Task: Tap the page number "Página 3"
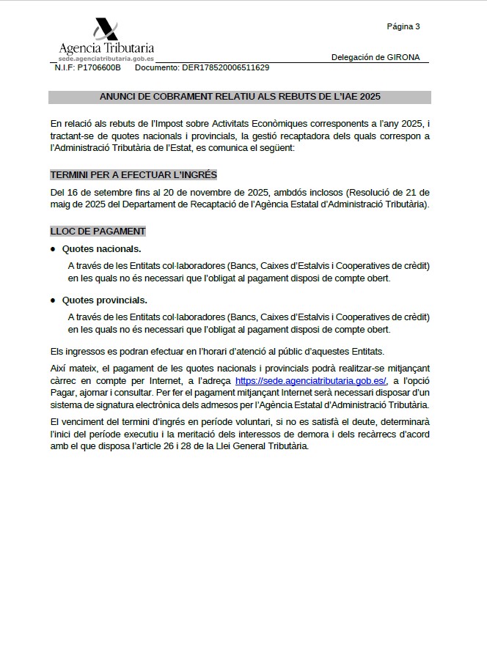point(403,26)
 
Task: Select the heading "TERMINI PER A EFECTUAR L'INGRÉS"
point(133,175)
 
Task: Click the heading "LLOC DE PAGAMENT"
point(98,232)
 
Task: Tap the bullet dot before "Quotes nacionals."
point(53,249)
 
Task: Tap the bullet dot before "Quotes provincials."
point(53,300)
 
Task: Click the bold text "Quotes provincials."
point(104,300)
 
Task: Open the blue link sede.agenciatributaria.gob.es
point(311,382)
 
